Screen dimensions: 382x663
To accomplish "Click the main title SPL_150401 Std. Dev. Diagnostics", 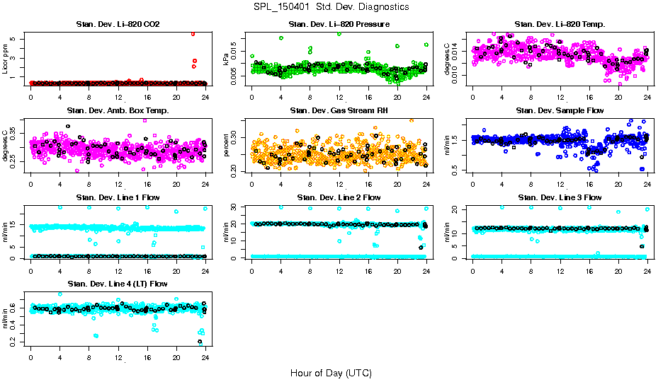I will pos(331,7).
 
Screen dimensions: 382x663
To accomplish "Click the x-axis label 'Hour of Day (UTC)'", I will pos(331,373).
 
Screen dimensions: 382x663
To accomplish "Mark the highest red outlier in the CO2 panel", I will pos(193,33).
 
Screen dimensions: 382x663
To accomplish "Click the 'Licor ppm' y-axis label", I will pos(6,59).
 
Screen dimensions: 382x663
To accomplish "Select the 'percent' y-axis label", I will pos(227,145).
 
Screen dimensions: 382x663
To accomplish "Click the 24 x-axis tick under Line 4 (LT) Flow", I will pos(205,359).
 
